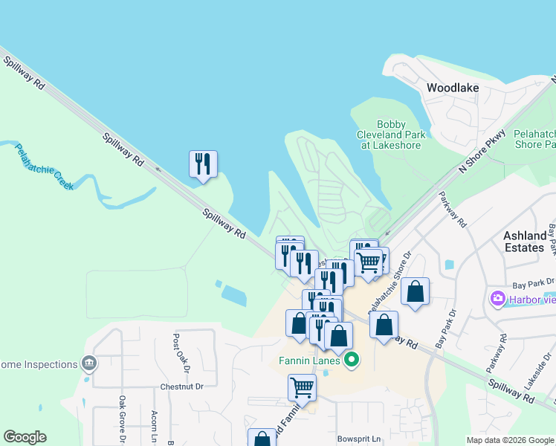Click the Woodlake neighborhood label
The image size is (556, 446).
(452, 88)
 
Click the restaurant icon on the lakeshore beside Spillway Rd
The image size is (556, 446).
(203, 164)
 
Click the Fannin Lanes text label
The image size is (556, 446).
(310, 361)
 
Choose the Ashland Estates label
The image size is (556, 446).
(529, 241)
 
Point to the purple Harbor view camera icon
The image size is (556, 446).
(497, 299)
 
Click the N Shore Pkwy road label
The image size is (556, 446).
(482, 152)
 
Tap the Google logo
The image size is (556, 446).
(25, 437)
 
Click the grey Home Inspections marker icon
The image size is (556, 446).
(90, 363)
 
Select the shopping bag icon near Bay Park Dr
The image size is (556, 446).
(416, 292)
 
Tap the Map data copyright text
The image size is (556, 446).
(510, 440)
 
